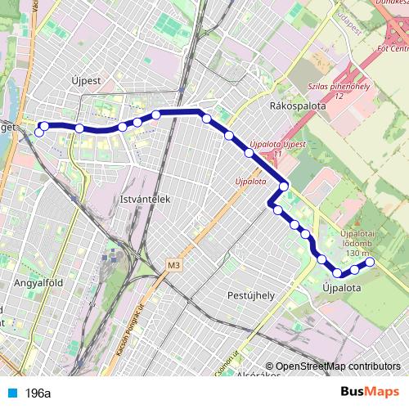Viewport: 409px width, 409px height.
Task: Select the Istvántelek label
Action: point(143,199)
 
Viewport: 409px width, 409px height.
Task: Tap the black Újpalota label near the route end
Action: point(342,288)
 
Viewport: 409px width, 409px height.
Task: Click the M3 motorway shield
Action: point(173,266)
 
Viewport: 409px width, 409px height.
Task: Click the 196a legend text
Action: point(38,393)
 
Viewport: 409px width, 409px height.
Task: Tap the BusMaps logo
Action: point(364,392)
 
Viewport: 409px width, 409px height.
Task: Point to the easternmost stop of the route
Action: point(370,263)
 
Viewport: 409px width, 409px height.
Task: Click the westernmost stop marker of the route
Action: point(38,133)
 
